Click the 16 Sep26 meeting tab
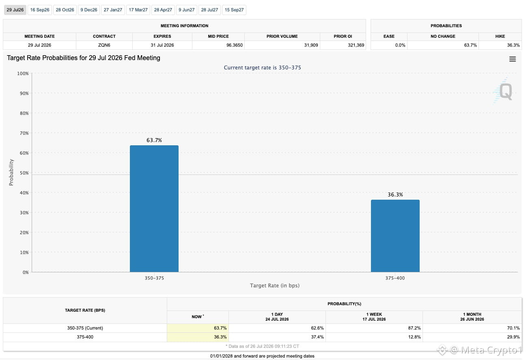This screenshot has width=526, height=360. coord(40,10)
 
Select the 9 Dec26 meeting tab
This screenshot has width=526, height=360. coord(89,10)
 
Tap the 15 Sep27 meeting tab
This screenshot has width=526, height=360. coord(234,10)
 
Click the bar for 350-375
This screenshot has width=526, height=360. coord(154,209)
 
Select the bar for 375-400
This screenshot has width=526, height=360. coord(395,236)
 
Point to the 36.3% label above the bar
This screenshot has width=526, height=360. coord(395,194)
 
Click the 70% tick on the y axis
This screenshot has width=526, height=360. coord(24,133)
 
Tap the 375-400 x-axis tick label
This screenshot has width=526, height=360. coord(395,278)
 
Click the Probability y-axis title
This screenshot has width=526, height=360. coord(11,172)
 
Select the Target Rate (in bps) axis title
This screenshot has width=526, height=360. coord(275,286)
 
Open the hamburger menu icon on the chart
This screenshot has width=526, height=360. coord(512,59)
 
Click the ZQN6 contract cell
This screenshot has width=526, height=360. coord(104,45)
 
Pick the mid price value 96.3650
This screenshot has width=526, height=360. coord(234,45)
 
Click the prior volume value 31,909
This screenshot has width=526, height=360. coord(311,45)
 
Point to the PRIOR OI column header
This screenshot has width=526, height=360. coord(343,37)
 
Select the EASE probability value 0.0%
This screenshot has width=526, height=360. coord(400,45)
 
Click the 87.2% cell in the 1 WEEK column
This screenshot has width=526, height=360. coord(414,328)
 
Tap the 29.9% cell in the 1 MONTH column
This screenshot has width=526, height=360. coord(513,337)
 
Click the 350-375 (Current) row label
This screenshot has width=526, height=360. coord(85,328)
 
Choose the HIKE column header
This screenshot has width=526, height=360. coord(500,37)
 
